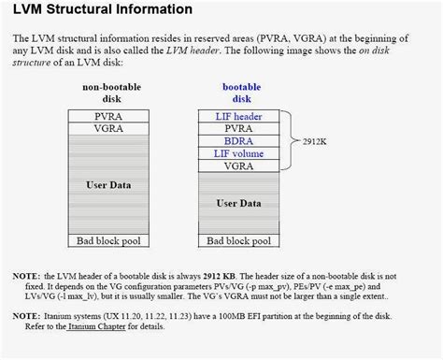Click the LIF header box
[x=238, y=116]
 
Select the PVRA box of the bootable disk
[x=238, y=129]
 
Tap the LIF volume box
[x=238, y=153]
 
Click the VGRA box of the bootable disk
[x=238, y=166]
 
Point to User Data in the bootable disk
[x=238, y=203]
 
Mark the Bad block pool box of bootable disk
[x=238, y=240]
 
